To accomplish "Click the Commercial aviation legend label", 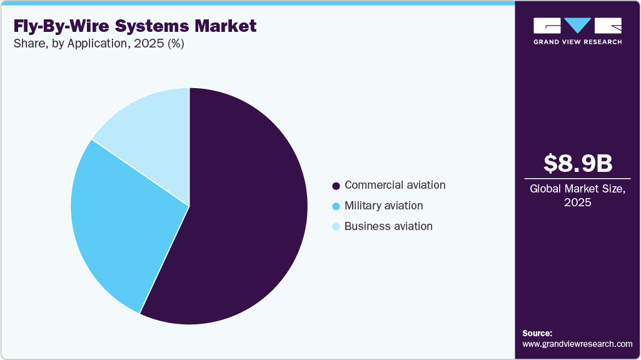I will [x=395, y=185].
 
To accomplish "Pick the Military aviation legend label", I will [x=383, y=206].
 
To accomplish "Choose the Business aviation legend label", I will [x=388, y=226].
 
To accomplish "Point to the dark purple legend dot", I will [x=336, y=186].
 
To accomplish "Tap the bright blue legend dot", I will [x=336, y=206].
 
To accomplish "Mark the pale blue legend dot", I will [x=336, y=227].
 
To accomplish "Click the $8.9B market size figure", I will [x=577, y=164].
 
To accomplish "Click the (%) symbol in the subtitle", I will [x=174, y=44].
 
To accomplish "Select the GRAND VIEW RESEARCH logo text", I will [x=577, y=42].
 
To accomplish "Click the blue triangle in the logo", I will [x=577, y=26].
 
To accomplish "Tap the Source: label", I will [x=537, y=334].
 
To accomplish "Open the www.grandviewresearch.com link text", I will [x=577, y=344].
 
